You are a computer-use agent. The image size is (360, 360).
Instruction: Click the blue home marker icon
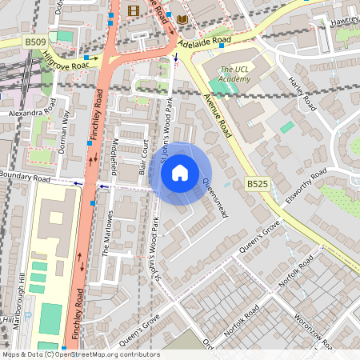(180, 171)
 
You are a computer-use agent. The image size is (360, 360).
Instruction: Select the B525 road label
(257, 184)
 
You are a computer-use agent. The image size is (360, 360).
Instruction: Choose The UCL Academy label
(234, 74)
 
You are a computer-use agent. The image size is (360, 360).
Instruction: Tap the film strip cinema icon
(133, 10)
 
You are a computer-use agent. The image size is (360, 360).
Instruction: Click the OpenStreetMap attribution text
(80, 354)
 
